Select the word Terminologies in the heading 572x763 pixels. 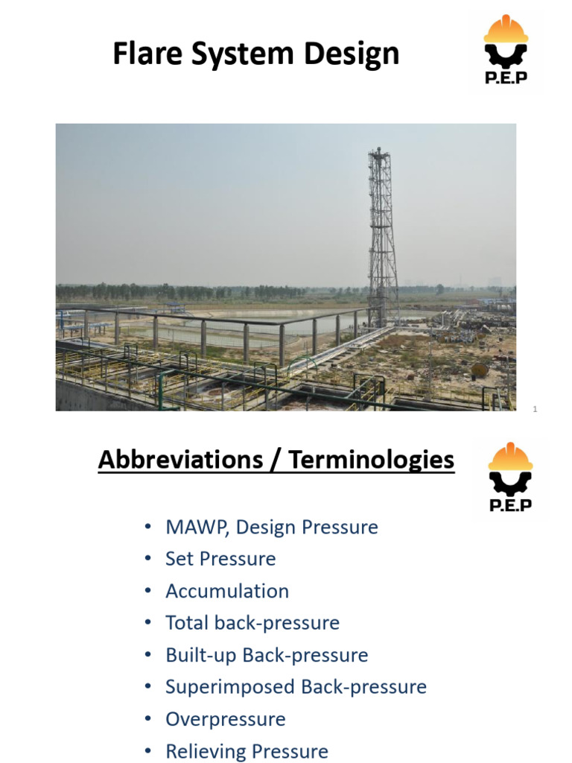pos(371,460)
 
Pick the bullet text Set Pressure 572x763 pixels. pos(220,559)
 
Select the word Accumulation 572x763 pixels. pos(227,591)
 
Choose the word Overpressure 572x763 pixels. pos(225,719)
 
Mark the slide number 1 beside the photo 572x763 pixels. pos(535,409)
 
